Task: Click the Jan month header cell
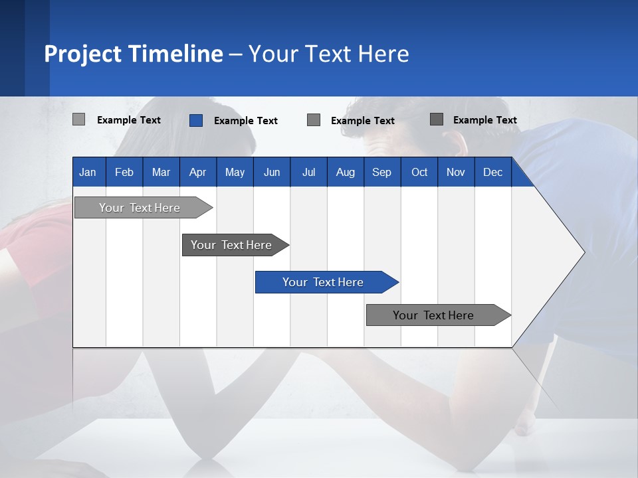[x=88, y=172]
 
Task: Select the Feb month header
[x=124, y=172]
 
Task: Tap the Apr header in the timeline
[x=197, y=172]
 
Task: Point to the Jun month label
[x=272, y=172]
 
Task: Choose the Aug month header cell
[x=346, y=172]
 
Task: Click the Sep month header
[x=381, y=172]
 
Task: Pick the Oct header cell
[x=419, y=172]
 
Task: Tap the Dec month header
[x=492, y=172]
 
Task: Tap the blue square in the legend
[x=195, y=120]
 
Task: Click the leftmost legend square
[x=78, y=119]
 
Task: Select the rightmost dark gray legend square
[x=437, y=119]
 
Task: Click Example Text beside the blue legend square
[x=246, y=121]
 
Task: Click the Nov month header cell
[x=456, y=172]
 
